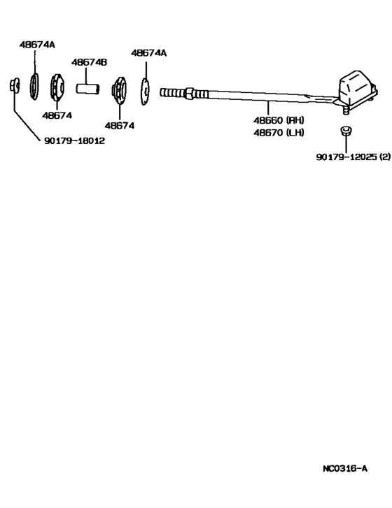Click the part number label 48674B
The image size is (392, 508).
(89, 62)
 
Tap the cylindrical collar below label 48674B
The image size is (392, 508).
(87, 89)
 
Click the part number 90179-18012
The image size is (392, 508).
(75, 140)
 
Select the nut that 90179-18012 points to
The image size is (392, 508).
(14, 85)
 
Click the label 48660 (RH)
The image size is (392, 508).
(279, 120)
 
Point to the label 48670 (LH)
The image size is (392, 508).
(279, 133)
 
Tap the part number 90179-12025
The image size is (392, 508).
(346, 157)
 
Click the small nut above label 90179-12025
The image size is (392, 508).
(346, 131)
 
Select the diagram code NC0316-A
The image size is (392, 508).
(345, 468)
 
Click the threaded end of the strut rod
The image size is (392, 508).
(172, 92)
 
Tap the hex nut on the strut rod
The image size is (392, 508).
(189, 93)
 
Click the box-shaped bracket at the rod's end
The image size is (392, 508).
(357, 87)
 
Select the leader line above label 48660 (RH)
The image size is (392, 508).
(268, 107)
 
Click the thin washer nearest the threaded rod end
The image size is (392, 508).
(145, 92)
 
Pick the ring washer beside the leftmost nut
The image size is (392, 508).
(34, 87)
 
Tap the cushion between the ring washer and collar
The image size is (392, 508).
(57, 87)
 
